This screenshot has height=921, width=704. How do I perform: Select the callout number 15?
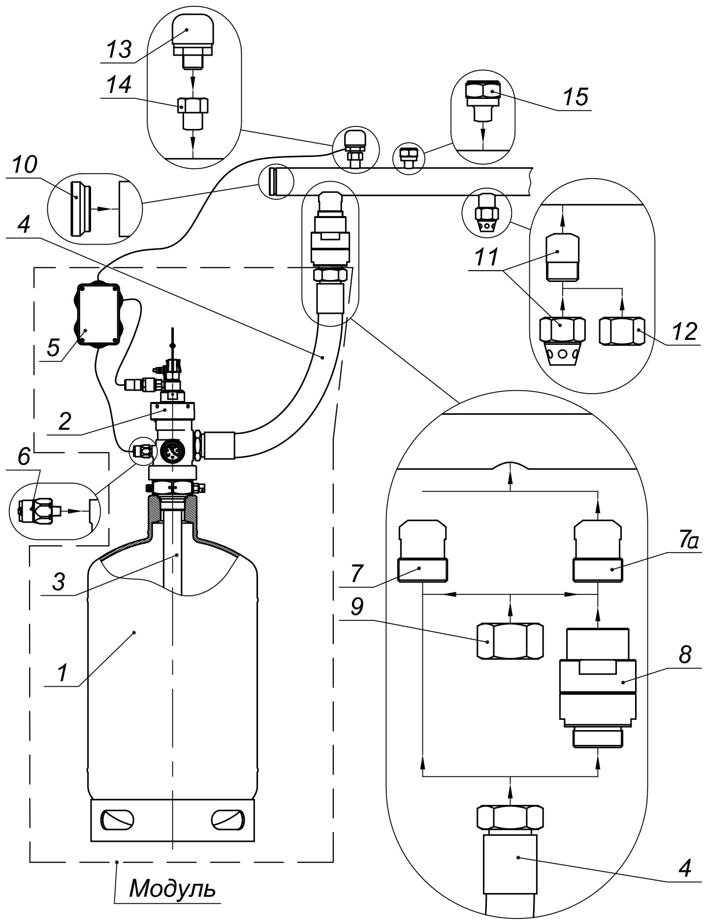(x=576, y=97)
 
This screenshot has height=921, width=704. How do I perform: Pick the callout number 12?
(x=684, y=332)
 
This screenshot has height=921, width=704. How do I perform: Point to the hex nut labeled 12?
(x=622, y=331)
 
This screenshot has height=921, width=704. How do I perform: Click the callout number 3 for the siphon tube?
(x=59, y=583)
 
